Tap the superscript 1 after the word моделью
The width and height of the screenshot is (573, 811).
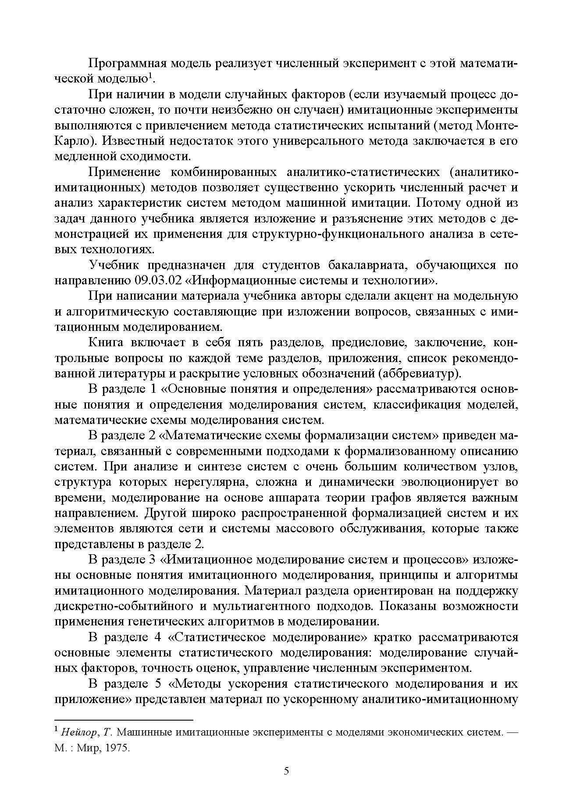(x=150, y=75)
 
